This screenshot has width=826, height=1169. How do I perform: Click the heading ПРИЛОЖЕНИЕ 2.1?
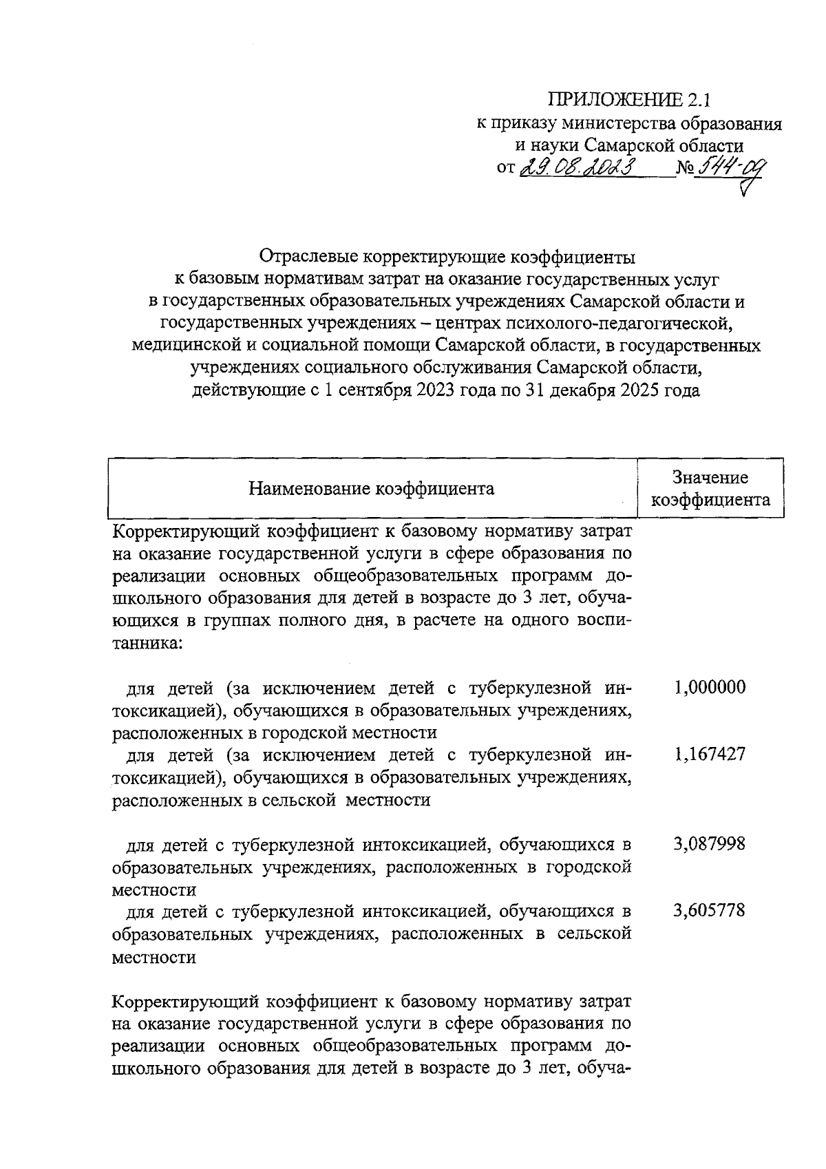[x=628, y=101]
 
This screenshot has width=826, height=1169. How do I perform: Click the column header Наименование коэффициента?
[x=371, y=489]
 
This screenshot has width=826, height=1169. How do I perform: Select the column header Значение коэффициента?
[x=710, y=488]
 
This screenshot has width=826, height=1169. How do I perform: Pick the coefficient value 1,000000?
[x=710, y=687]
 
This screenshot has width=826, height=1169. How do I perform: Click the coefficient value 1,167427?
[x=710, y=755]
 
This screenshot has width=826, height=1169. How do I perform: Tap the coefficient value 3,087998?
[x=710, y=843]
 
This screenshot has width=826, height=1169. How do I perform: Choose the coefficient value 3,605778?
[x=710, y=911]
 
